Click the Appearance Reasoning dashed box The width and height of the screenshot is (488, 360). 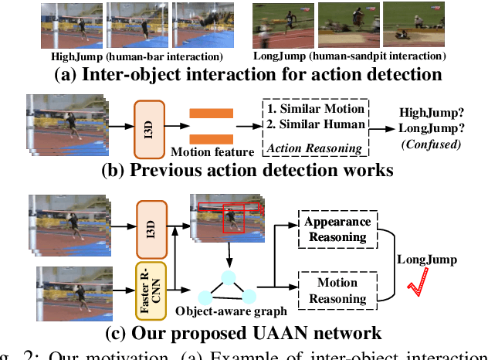pos(337,228)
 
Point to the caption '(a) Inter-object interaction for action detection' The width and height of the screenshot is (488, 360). pos(244,76)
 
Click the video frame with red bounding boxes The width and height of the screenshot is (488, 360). pos(225,219)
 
